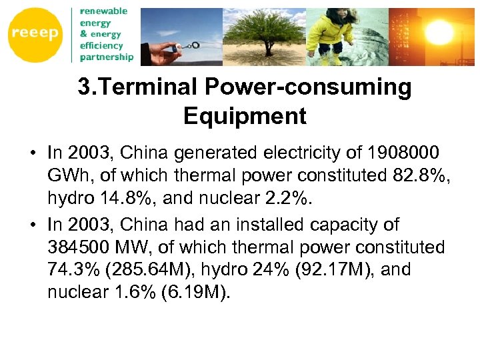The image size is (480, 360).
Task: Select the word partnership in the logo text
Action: [107, 57]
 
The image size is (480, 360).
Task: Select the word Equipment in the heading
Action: [245, 116]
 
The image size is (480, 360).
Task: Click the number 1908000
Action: [397, 153]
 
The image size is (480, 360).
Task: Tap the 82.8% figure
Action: [407, 175]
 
